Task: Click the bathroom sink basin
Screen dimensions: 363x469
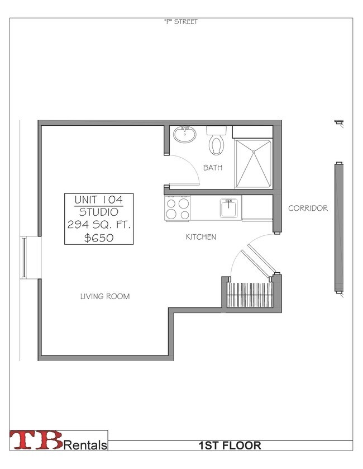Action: point(185,134)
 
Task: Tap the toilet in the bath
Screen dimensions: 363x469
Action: point(217,140)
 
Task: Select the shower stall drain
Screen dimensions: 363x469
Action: point(254,152)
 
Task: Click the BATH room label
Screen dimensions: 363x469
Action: point(213,168)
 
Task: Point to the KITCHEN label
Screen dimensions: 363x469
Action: point(201,237)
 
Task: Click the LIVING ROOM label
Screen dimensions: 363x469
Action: point(105,296)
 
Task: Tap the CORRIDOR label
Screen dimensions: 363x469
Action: point(308,208)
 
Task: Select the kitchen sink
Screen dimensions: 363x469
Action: point(229,208)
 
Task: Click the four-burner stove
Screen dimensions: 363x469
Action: point(177,209)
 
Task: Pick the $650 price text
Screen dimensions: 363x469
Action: point(99,238)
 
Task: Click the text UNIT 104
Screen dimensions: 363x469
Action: point(99,200)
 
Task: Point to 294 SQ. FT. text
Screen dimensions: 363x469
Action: point(99,225)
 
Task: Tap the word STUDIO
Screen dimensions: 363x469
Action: point(99,212)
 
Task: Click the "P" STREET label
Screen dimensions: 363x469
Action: point(181,22)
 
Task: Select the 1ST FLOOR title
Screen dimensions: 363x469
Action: point(230,446)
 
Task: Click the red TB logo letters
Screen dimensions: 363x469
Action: point(36,440)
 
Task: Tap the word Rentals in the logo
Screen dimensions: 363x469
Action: point(85,445)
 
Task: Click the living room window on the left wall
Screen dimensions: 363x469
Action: point(23,258)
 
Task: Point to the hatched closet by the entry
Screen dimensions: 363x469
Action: point(250,295)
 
